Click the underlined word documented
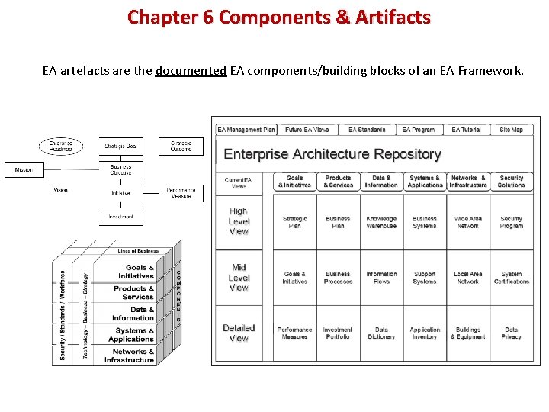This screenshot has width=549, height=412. point(191,71)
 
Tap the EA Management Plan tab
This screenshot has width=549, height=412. point(246,130)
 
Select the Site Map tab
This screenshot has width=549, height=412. point(511,130)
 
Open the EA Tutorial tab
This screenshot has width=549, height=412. point(466,130)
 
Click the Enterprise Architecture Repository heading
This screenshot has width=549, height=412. point(332,154)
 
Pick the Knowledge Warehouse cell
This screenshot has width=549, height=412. point(381,222)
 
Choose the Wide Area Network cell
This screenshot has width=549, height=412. point(467,222)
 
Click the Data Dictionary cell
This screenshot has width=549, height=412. point(381,333)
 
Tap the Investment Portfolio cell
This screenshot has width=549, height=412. point(338,333)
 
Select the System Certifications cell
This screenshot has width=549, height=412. point(511,278)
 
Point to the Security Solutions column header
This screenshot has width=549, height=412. point(511,182)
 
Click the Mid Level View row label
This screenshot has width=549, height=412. point(239,278)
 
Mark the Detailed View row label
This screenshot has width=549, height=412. point(239,333)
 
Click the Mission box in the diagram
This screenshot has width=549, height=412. point(24,169)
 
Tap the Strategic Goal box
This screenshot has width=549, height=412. point(120,146)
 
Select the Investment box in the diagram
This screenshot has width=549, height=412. point(120,216)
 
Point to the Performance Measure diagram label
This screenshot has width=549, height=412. point(181,193)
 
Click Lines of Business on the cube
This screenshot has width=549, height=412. point(138,251)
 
